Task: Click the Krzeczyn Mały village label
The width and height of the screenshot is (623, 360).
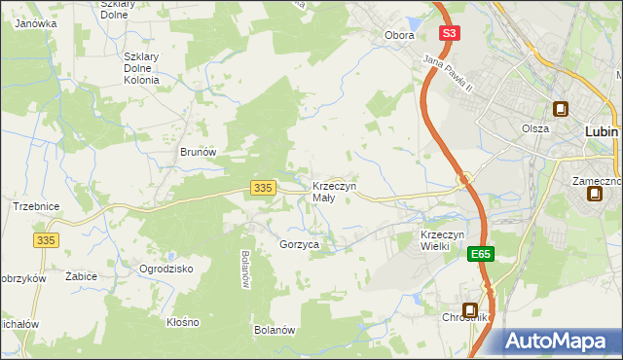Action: click(334, 192)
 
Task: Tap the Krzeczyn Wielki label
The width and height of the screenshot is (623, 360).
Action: click(448, 240)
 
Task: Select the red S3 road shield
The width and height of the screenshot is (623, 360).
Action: click(448, 33)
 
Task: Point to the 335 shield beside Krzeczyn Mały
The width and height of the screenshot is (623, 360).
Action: click(261, 187)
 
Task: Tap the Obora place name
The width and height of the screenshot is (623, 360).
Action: click(399, 36)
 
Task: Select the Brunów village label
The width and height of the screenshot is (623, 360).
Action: click(198, 153)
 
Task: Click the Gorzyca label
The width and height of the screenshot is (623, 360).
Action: click(299, 245)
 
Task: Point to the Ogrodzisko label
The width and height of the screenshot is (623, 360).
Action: click(166, 269)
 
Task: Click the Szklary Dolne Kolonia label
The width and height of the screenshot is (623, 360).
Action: click(148, 68)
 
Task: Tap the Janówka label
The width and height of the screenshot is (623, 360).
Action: click(36, 23)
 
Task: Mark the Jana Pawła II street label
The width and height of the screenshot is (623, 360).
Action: click(447, 75)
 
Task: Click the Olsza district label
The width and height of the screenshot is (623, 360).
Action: click(534, 128)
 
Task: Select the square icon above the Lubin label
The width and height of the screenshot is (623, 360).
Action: click(561, 110)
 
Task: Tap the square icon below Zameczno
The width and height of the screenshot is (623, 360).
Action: click(594, 194)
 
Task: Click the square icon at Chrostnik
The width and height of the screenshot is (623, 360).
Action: click(469, 309)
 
